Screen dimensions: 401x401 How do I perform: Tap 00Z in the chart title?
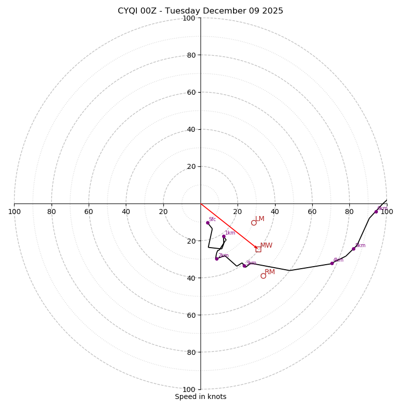click(x=152, y=11)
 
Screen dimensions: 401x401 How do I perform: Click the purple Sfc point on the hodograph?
click(x=208, y=223)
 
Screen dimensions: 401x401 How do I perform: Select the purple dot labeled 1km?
click(x=224, y=236)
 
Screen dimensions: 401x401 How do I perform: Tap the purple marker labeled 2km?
click(x=217, y=259)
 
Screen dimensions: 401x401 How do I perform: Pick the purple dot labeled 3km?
click(x=244, y=266)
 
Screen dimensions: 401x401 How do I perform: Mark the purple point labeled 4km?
click(x=332, y=263)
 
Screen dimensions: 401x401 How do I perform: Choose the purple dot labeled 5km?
click(x=353, y=249)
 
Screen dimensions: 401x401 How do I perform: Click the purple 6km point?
click(x=376, y=212)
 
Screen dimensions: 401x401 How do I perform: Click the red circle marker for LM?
click(x=254, y=223)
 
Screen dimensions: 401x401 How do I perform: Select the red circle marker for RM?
click(x=263, y=276)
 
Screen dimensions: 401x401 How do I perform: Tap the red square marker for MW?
click(x=258, y=249)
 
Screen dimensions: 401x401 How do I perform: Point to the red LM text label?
click(x=260, y=219)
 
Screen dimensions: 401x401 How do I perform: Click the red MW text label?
click(x=266, y=246)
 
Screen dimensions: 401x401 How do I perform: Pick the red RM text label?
click(x=270, y=272)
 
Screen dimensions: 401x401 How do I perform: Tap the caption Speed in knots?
click(x=200, y=397)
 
